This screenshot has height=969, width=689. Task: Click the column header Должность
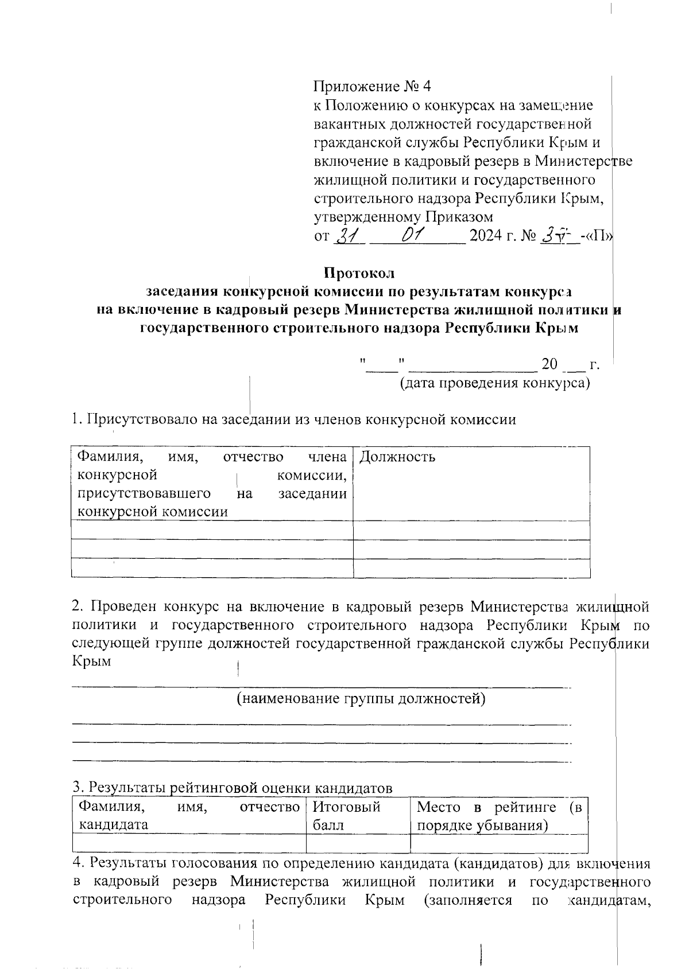click(397, 457)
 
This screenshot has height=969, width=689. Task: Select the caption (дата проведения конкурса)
click(495, 383)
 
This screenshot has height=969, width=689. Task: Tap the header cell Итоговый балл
click(346, 815)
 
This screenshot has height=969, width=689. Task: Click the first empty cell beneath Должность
click(471, 530)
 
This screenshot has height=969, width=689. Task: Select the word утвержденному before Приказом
click(367, 217)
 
